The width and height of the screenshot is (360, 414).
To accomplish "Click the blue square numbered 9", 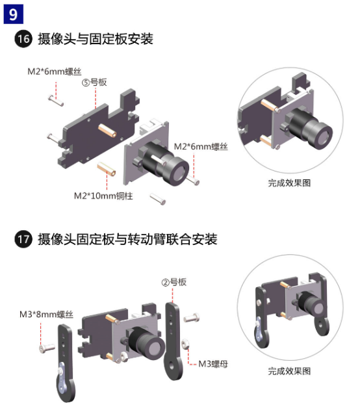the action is point(14,14).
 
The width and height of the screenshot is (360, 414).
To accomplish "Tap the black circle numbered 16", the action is point(23,39).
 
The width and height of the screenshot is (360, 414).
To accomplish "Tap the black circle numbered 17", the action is point(23,239).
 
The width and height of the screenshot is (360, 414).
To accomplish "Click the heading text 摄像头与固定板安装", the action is point(96,39).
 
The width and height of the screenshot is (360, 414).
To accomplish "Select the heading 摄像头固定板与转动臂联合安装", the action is point(127,239).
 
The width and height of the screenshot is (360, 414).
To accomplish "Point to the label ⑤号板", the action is point(94,83).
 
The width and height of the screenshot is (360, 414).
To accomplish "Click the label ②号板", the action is point(174,282).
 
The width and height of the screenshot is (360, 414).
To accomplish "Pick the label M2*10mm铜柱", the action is point(103,196).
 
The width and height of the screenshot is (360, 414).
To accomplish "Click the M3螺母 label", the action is point(213,364).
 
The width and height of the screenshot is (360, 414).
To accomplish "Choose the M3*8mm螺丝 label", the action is point(46,315).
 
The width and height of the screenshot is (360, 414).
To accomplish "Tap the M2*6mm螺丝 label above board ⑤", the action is point(55,71).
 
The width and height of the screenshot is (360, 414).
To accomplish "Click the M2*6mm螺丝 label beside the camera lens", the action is point(201,146).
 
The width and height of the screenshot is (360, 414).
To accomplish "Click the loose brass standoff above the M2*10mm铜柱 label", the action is point(107,169).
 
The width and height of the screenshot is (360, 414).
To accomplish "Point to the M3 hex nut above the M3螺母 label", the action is point(185,344).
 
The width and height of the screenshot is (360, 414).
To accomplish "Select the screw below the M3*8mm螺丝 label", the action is point(47,348).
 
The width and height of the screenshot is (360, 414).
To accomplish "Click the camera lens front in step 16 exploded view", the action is point(177,172).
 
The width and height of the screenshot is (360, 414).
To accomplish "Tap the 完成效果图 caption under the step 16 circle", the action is point(289,183).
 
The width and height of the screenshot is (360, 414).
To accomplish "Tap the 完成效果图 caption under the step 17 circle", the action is point(289,371).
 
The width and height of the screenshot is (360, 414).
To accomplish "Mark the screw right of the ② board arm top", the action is point(192,318).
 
